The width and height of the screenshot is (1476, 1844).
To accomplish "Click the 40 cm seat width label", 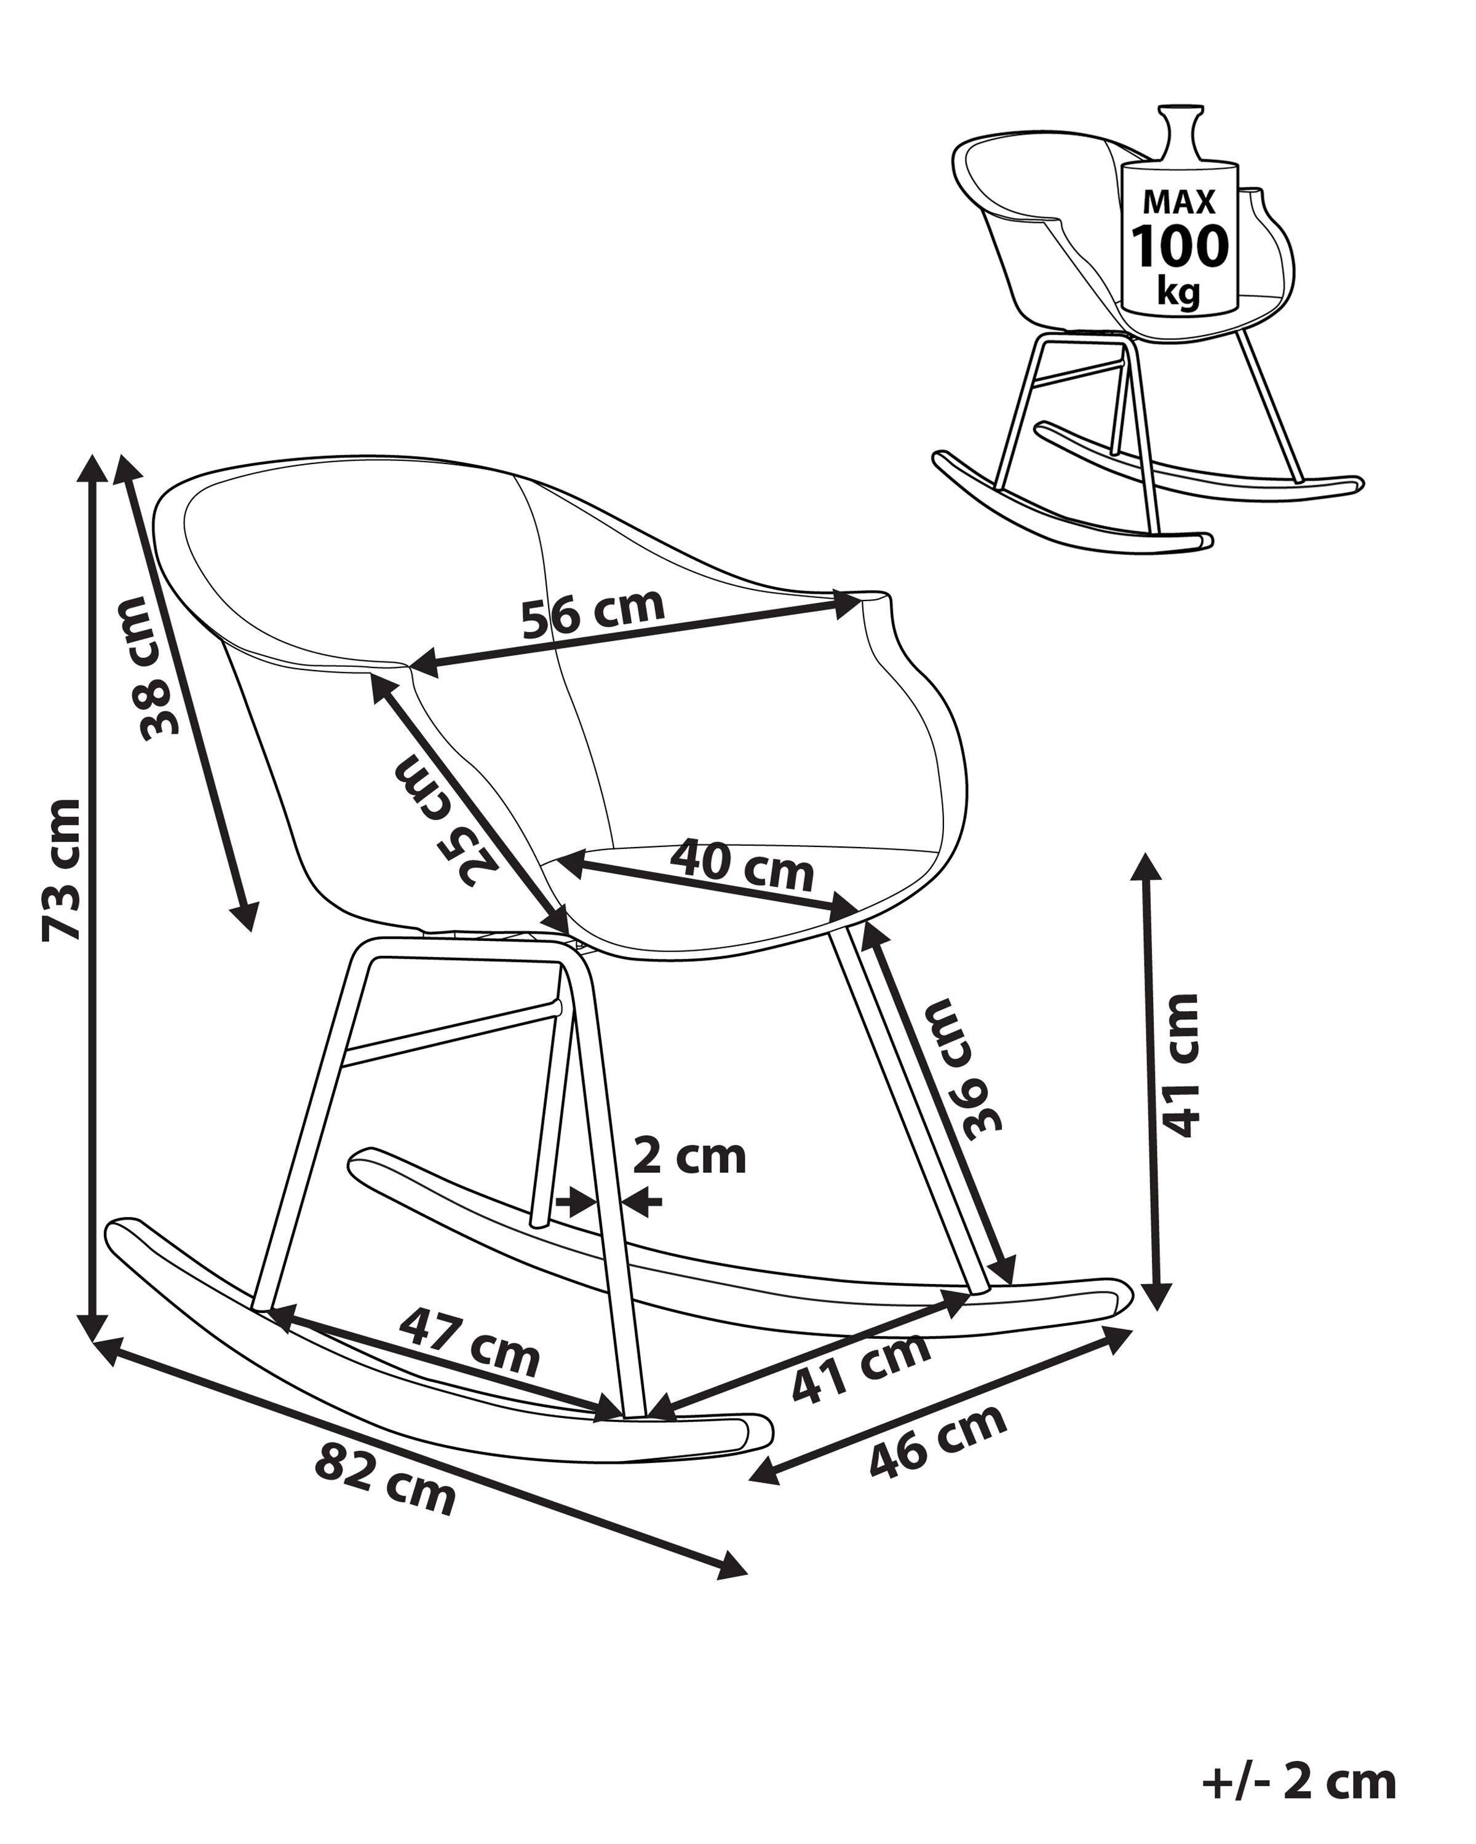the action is pyautogui.click(x=741, y=865).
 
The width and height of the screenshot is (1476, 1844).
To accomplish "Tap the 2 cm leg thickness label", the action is pyautogui.click(x=689, y=1157).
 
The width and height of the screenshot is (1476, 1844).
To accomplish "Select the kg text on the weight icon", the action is pyautogui.click(x=1178, y=291).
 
